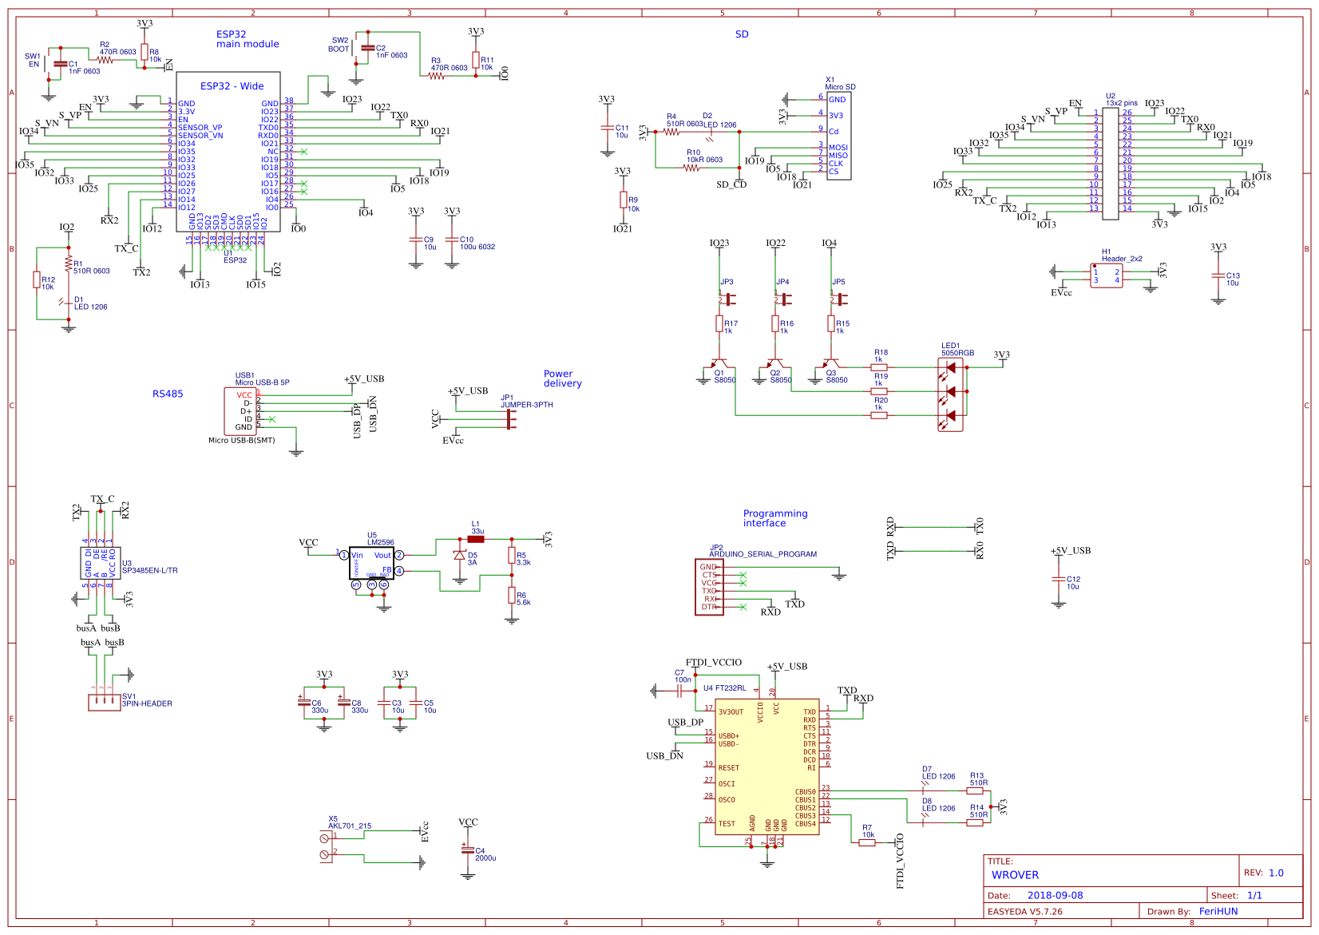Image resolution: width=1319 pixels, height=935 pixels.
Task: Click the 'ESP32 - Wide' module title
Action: pos(232,86)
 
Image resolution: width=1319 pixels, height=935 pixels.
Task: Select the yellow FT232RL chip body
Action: pos(766,767)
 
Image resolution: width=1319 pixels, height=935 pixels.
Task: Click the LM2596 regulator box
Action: pos(371,563)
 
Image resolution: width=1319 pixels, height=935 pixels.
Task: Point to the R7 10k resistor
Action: pos(867,842)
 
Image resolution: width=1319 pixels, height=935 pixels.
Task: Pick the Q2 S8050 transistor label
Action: pos(780,377)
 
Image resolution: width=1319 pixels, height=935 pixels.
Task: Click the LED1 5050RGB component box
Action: pos(950,394)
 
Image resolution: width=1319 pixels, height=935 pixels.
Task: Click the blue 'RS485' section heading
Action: pos(168,394)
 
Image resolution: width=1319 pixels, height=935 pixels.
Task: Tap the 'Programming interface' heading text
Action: pos(774,518)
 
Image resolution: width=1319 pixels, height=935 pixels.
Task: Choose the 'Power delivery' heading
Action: pos(562,378)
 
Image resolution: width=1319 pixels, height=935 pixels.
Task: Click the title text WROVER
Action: pos(1015,874)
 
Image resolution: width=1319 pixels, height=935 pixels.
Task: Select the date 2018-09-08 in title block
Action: pos(1055,895)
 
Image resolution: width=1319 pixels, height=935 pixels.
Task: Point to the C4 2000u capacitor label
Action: pos(485,854)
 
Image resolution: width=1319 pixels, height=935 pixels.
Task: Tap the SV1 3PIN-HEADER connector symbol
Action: pos(102,701)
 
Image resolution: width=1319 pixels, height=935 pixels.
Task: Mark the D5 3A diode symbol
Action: pos(459,555)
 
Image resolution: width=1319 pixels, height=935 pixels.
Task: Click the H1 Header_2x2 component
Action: pos(1106,275)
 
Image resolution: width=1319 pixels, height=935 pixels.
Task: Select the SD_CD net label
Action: pos(731,184)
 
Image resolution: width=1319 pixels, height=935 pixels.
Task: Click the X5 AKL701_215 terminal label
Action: pos(349,822)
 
